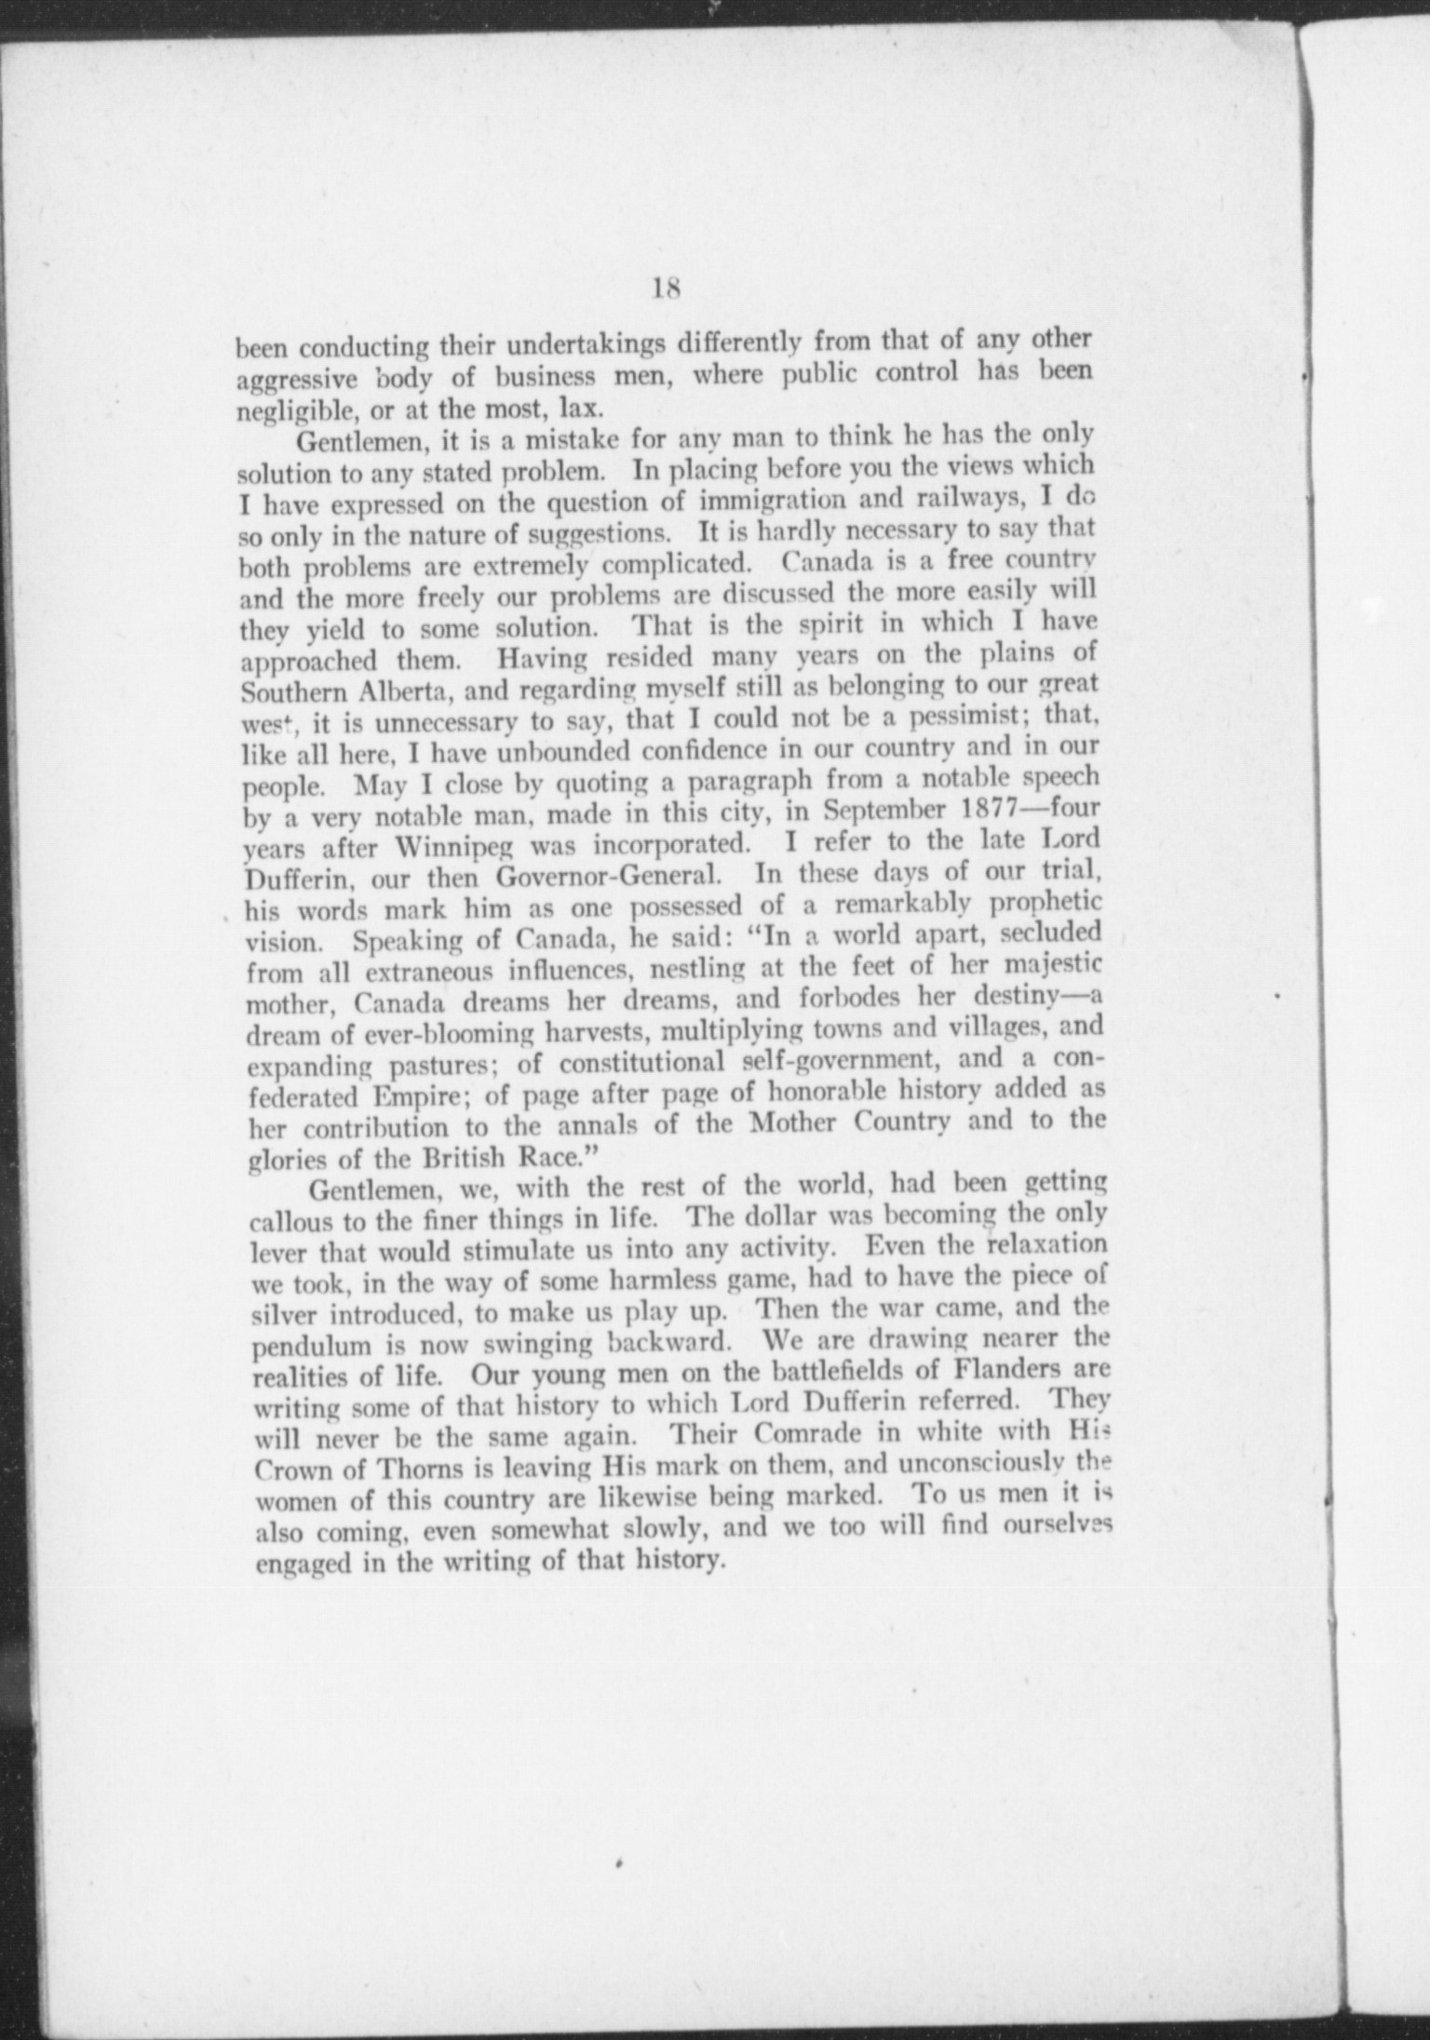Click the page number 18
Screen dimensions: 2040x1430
[x=668, y=289]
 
